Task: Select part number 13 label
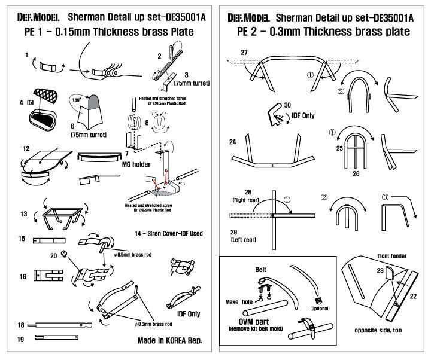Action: pos(24,213)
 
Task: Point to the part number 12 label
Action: pos(26,147)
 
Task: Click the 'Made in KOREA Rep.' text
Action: pos(168,340)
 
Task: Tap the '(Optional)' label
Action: pos(318,307)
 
